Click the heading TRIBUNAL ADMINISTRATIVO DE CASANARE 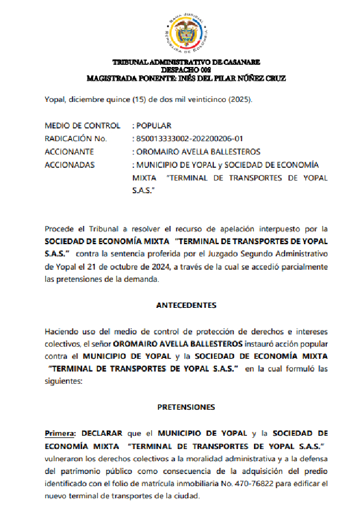point(186,63)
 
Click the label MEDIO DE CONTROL point(82,126)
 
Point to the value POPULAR point(155,126)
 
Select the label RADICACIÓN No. point(75,138)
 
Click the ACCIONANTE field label point(69,152)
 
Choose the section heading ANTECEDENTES point(186,305)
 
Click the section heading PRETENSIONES point(186,407)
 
